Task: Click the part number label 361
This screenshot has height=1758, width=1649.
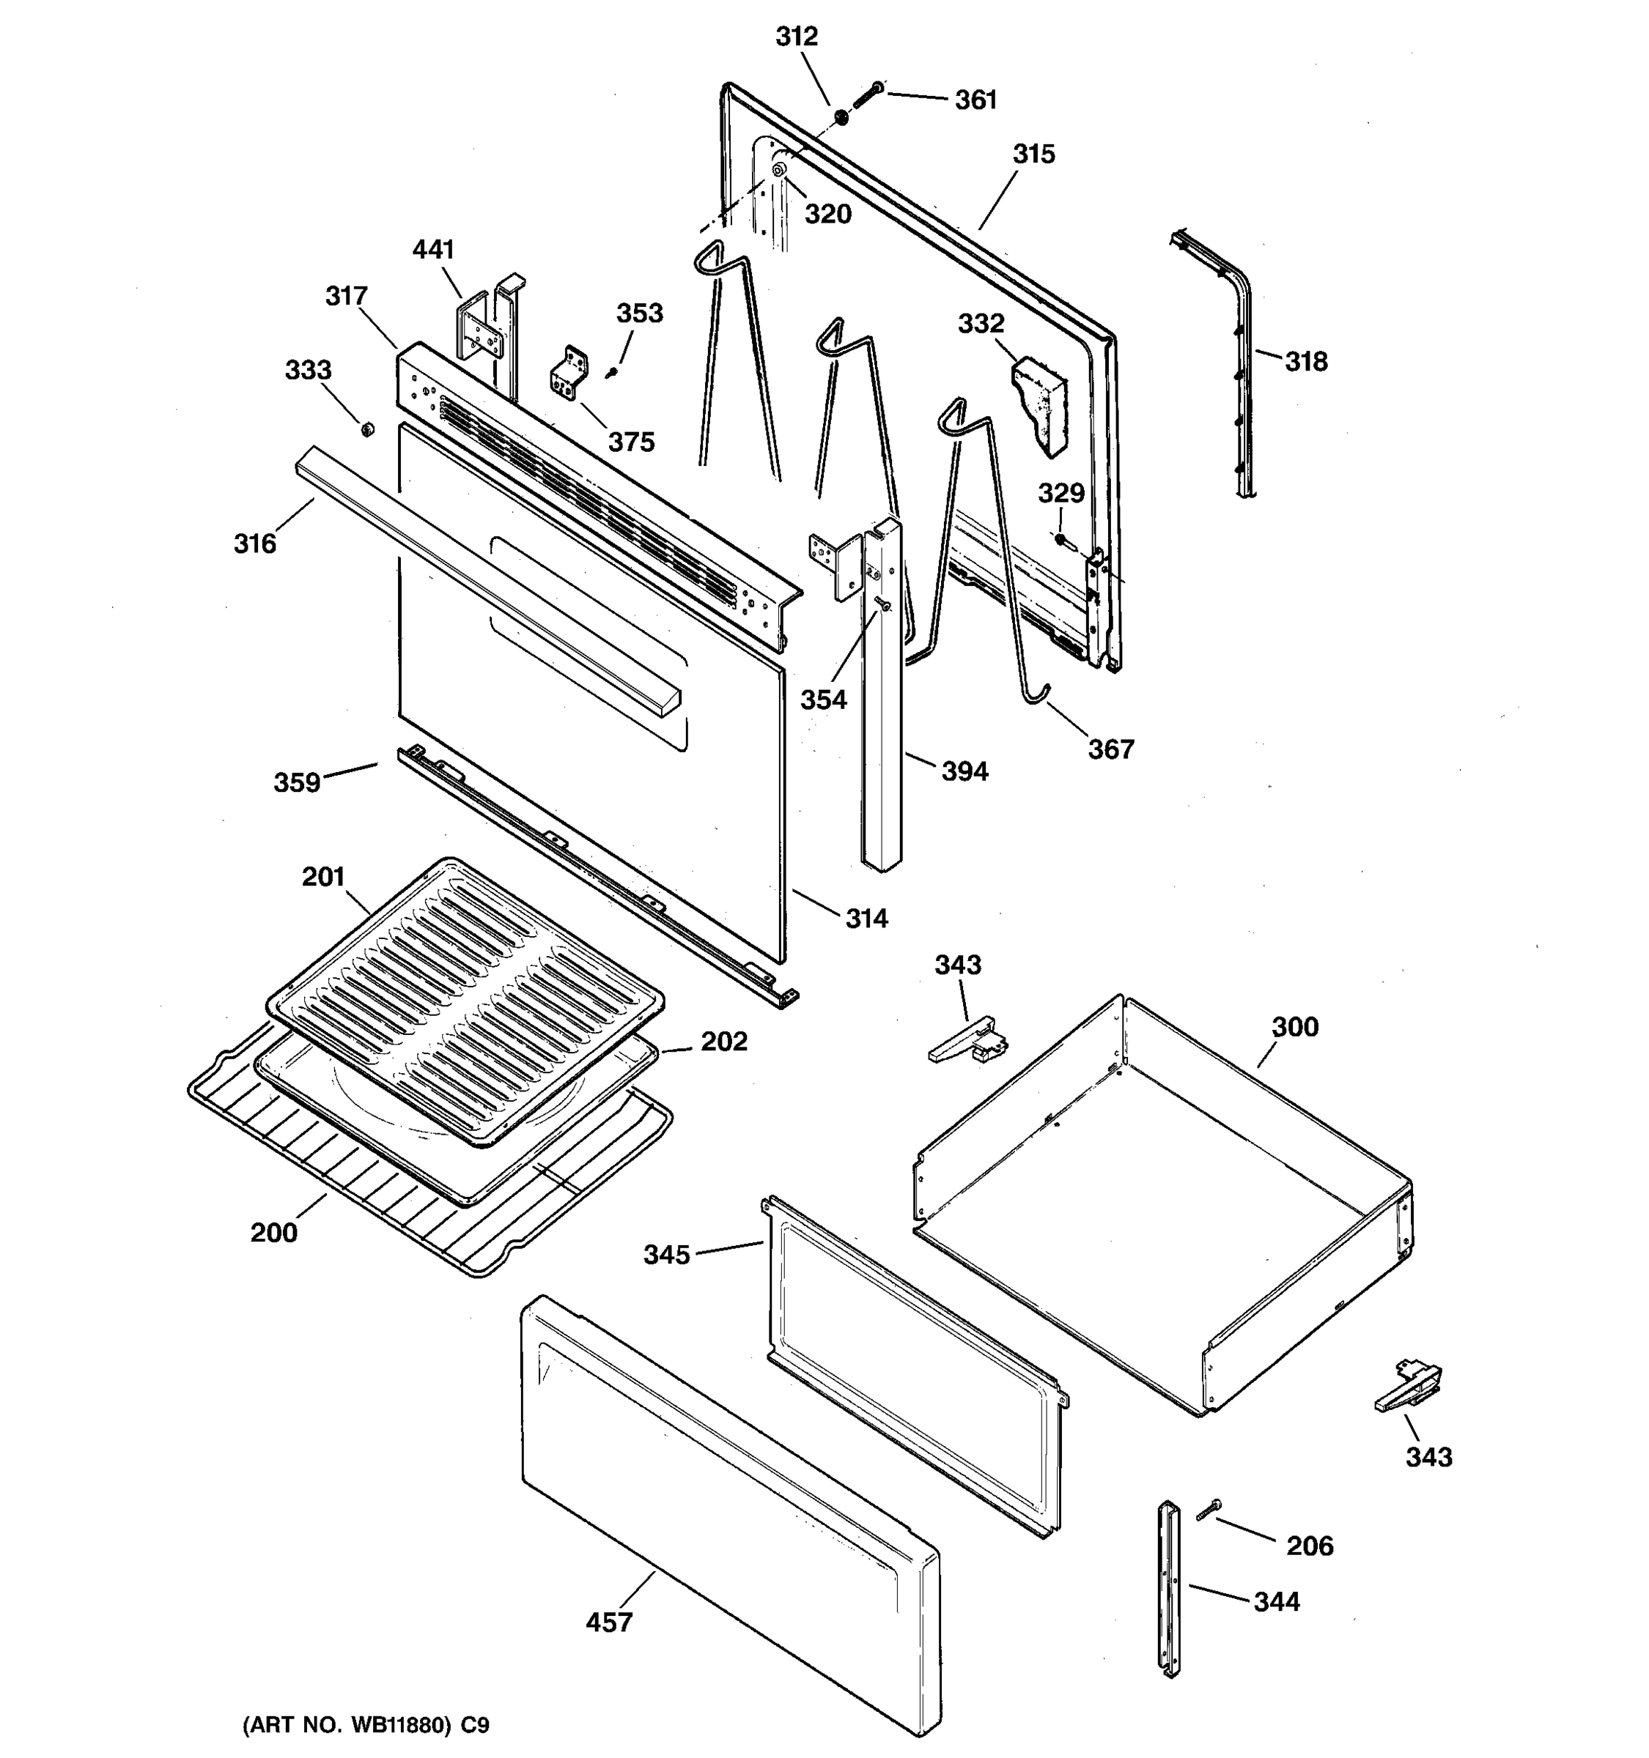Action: click(x=975, y=100)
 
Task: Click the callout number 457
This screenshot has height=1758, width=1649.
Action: click(x=610, y=1622)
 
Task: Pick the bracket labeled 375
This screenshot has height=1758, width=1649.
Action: click(x=569, y=372)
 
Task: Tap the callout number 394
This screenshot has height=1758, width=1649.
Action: click(x=964, y=771)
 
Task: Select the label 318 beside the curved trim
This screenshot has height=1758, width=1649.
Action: click(x=1306, y=361)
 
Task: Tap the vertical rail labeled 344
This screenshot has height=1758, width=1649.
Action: click(x=1170, y=1588)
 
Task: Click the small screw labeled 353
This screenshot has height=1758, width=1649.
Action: click(x=610, y=373)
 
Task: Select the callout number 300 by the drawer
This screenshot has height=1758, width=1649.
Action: click(x=1294, y=1027)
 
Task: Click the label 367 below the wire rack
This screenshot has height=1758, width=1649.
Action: click(x=1110, y=749)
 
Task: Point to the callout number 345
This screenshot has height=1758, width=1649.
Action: click(x=666, y=1254)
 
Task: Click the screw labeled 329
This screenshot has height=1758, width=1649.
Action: click(x=1061, y=538)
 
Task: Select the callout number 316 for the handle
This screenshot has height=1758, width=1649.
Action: click(x=255, y=543)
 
